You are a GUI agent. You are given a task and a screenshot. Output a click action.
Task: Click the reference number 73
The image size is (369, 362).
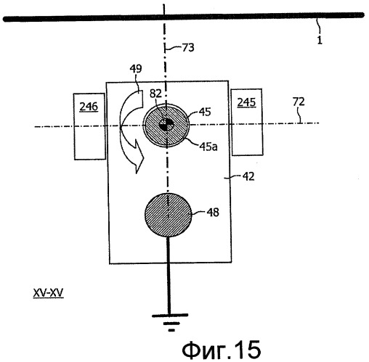coord(188,48)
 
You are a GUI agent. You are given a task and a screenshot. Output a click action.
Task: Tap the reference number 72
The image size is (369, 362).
coord(299,102)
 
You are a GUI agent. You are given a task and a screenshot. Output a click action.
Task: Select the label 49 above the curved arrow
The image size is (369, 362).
coord(136,69)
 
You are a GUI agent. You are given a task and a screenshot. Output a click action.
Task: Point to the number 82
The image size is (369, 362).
coord(155,94)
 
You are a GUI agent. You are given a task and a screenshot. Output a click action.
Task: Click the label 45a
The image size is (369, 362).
coord(208,147)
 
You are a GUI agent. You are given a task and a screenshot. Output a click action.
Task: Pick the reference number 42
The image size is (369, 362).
coord(248,177)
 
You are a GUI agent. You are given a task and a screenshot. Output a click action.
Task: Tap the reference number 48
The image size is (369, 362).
coord(213,213)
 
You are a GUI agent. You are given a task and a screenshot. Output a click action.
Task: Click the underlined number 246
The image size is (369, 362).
coord(89,107)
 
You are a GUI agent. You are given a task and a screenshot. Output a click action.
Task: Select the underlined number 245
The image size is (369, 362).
coord(246,102)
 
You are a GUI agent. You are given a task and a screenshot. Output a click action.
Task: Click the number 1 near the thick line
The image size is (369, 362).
coord(320,40)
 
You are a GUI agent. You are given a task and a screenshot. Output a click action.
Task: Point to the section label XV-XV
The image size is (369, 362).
coord(48,293)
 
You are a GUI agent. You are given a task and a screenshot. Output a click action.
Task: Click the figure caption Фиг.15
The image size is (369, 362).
coord(222,349)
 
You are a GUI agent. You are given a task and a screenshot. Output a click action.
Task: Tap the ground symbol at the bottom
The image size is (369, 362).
coord(170,322)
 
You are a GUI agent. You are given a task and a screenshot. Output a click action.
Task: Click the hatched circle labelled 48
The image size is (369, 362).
coord(169,215)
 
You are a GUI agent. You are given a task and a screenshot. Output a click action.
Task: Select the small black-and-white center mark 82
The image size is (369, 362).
coord(166,125)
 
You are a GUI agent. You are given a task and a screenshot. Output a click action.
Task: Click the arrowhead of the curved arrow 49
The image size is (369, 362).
coord(137,156)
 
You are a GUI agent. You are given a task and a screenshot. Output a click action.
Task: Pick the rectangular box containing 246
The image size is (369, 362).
coord(89,126)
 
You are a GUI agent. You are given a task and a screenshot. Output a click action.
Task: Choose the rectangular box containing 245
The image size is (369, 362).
coord(247,122)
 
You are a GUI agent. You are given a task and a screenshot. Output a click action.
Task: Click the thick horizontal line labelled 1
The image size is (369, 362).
coord(184,17)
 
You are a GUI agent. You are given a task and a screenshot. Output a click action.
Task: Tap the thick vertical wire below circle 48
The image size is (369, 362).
coord(169,275)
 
